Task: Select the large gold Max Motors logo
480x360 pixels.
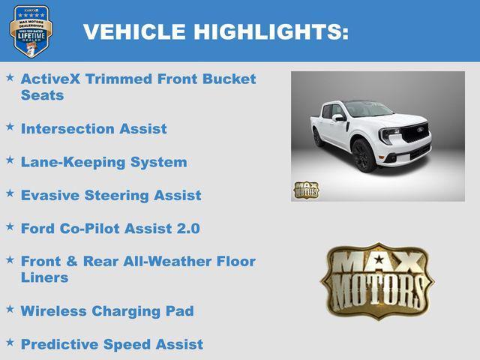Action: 377,280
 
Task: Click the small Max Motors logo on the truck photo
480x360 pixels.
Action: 305,190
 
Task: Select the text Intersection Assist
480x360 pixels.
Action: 94,129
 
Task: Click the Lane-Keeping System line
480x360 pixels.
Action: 103,162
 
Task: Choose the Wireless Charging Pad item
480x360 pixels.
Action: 106,310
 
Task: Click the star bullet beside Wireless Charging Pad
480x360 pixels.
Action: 10,309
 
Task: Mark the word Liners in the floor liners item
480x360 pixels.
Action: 44,277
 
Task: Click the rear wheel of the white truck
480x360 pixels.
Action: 318,138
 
